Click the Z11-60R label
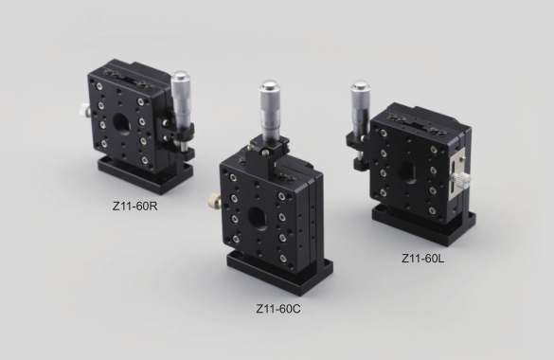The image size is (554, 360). click(x=135, y=206)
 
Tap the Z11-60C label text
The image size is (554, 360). click(x=278, y=309)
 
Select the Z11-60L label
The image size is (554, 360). click(x=423, y=259)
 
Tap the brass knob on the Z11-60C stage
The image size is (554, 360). click(x=215, y=201)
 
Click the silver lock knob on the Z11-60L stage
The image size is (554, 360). click(x=461, y=179)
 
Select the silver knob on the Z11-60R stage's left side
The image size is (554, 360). click(x=84, y=110)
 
